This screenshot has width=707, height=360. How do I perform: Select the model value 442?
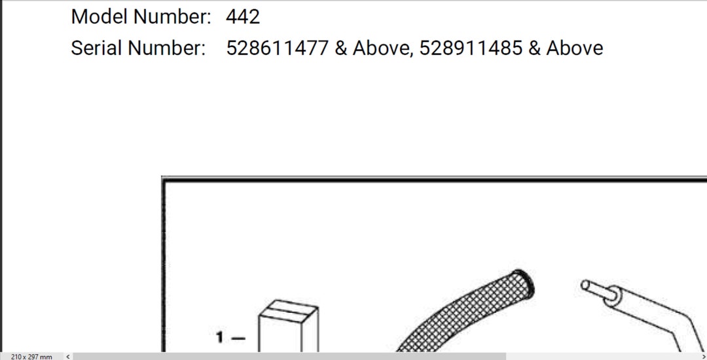[x=243, y=16]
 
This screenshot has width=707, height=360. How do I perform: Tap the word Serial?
[x=96, y=48]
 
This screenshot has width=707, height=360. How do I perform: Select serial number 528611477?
[x=277, y=48]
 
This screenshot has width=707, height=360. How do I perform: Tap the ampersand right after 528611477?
[x=340, y=48]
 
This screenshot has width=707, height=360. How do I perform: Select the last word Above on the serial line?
[x=575, y=48]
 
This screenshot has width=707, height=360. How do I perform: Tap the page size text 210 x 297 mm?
[x=31, y=356]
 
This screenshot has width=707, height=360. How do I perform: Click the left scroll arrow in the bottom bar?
[x=67, y=356]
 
